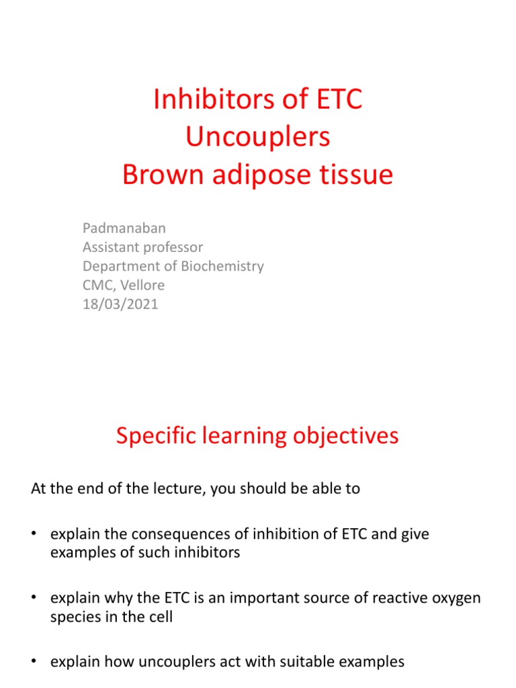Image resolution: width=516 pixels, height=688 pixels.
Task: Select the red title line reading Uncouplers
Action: [x=258, y=137]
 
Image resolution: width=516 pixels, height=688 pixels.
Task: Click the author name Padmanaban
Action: [x=122, y=228]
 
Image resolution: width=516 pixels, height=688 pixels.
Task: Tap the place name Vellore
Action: [x=142, y=285]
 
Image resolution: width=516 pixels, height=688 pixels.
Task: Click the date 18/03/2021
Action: [x=120, y=304]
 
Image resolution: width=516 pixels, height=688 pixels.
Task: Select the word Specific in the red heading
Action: [x=155, y=436]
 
